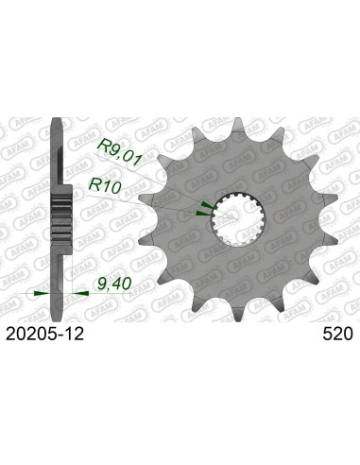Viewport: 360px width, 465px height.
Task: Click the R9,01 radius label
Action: [119, 153]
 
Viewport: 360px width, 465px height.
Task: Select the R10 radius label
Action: [105, 185]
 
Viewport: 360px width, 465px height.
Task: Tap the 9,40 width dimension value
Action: [114, 284]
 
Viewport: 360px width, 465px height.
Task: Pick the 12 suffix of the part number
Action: [75, 334]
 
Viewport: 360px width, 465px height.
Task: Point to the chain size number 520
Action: [337, 334]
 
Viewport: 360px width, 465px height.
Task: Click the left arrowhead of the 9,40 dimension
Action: [42, 293]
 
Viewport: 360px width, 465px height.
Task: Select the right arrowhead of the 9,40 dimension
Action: [80, 293]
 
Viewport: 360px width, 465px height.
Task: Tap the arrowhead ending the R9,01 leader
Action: [207, 206]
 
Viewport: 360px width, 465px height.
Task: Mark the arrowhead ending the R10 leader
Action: [203, 214]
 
